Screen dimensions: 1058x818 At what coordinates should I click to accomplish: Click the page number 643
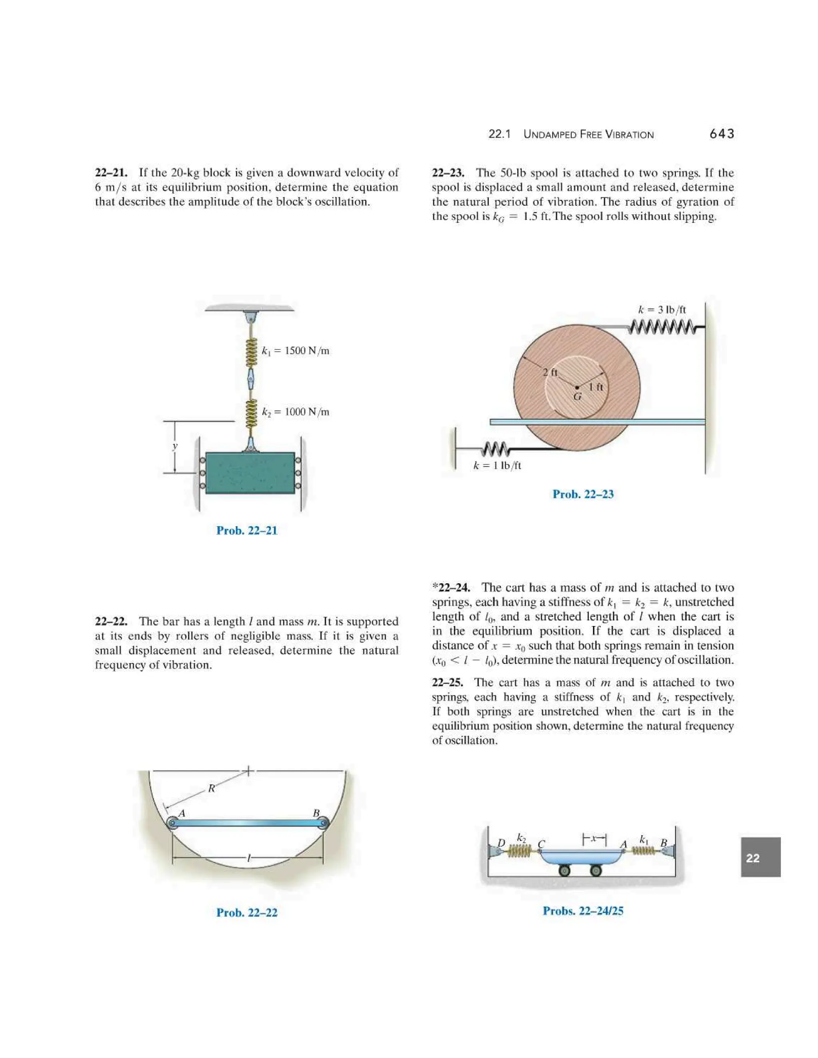point(722,134)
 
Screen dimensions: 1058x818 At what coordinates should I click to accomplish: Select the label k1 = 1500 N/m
point(295,351)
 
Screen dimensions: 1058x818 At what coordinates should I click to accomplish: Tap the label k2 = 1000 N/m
point(295,412)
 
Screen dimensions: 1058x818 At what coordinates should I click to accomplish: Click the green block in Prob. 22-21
point(250,473)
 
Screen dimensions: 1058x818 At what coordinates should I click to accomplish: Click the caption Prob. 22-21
point(247,531)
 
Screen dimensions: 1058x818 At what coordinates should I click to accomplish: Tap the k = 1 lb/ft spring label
point(497,466)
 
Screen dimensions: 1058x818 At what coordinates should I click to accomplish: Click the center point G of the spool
point(577,388)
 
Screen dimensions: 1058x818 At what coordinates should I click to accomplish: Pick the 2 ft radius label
point(550,372)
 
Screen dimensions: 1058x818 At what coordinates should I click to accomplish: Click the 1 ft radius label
point(596,386)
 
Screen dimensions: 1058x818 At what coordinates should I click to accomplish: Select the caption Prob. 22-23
point(583,494)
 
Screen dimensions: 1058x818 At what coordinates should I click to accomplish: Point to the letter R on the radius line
point(212,788)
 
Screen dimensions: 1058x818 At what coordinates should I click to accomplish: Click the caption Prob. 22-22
point(247,913)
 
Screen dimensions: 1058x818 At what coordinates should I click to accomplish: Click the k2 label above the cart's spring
point(521,838)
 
